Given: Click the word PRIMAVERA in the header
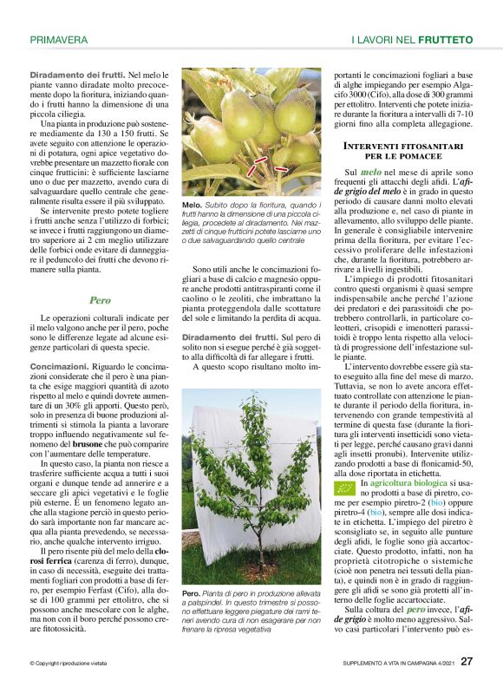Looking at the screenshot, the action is (58, 40).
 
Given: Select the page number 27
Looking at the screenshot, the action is (467, 662).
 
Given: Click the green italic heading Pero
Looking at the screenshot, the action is (100, 300).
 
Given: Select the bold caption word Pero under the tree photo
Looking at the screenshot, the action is (190, 593).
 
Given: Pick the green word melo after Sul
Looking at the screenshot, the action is (371, 174).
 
